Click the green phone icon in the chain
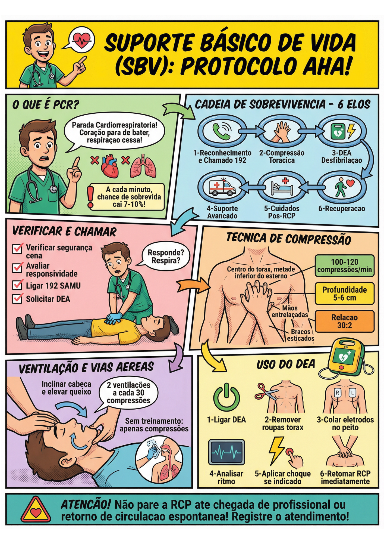[x=221, y=131]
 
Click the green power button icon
[x=226, y=397]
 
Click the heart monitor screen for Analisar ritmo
[x=226, y=452]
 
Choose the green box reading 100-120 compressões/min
[x=344, y=266]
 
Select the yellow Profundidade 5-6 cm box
[x=344, y=293]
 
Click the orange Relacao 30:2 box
[x=344, y=321]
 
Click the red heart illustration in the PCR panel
[x=110, y=166]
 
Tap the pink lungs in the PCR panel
[x=143, y=166]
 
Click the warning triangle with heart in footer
[x=36, y=509]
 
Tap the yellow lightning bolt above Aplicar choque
[x=276, y=450]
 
